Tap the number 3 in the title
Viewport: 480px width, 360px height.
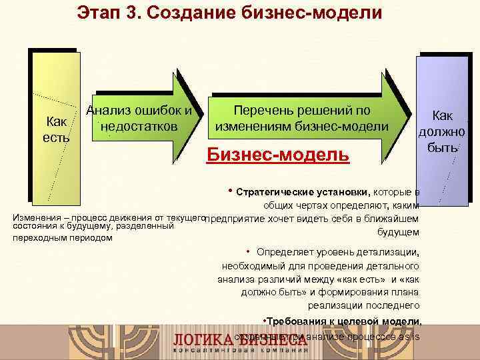[145, 13]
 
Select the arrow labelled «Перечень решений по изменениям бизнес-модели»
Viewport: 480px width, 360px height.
[307, 118]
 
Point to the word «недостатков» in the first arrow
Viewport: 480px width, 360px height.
[139, 126]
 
